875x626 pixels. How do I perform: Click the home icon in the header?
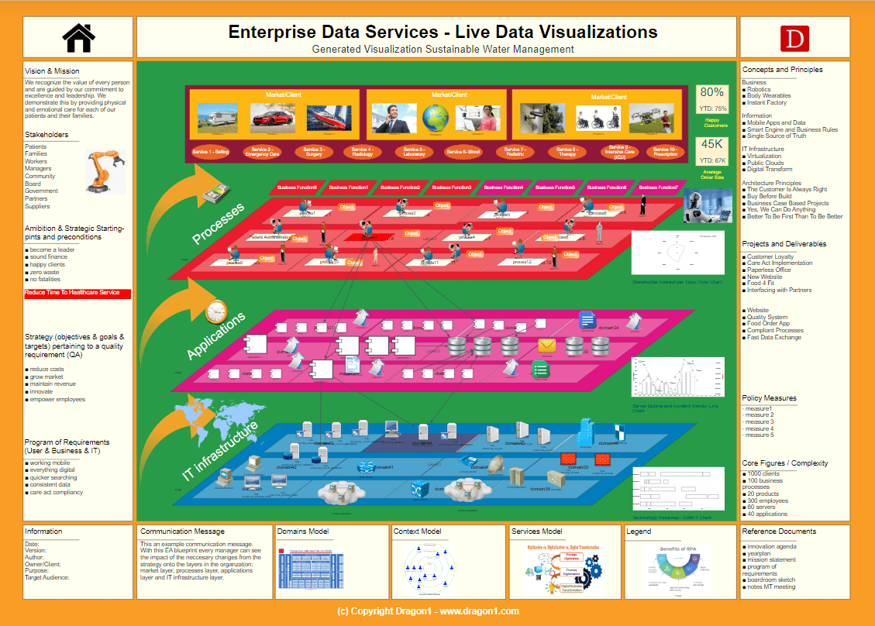[78, 36]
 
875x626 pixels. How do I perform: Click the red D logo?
[794, 38]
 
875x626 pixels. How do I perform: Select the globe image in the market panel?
[436, 117]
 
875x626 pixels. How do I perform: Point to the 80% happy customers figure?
[711, 92]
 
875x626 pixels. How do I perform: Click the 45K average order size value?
[711, 144]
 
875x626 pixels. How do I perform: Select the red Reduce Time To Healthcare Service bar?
[78, 294]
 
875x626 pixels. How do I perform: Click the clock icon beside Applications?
[216, 311]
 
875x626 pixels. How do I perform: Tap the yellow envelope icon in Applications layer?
[548, 346]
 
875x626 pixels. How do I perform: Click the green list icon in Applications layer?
[540, 370]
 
